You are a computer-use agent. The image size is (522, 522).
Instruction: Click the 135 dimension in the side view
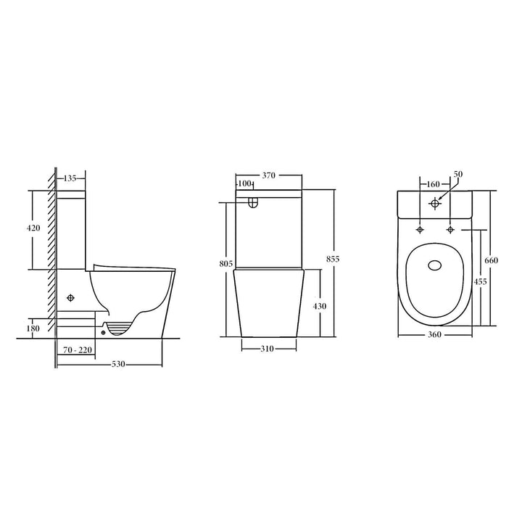pos(70,178)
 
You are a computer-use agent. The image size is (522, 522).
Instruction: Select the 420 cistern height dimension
pos(33,228)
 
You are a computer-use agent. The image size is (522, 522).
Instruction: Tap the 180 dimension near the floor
pos(33,328)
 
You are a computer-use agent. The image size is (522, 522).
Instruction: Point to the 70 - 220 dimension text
pos(78,350)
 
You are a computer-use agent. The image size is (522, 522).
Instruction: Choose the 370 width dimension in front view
pos(268,175)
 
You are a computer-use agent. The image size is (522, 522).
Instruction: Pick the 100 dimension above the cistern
pos(245,184)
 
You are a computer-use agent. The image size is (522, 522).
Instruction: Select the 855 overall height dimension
pos(333,259)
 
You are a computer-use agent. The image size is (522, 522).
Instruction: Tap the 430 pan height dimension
pos(319,306)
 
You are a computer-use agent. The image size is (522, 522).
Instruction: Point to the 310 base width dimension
pos(268,349)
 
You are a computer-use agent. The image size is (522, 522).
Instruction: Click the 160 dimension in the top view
pos(434,184)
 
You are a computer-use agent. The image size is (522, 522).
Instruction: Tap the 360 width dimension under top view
pos(435,334)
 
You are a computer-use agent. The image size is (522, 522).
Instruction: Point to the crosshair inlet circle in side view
pos(71,298)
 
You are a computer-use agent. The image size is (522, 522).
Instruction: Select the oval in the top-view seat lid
pos(435,267)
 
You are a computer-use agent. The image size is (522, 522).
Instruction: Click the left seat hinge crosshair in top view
pos(420,230)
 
